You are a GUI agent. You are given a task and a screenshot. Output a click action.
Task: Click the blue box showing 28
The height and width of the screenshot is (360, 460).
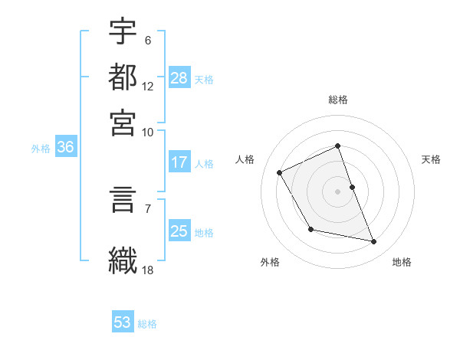click(x=179, y=78)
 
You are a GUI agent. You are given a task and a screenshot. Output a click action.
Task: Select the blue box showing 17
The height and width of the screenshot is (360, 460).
click(x=179, y=163)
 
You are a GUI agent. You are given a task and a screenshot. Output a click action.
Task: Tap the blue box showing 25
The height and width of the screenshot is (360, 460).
click(x=179, y=231)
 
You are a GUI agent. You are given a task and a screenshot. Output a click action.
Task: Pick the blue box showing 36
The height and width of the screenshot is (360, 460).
click(x=65, y=148)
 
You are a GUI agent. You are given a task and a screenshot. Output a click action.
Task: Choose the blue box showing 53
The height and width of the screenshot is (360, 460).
click(x=123, y=322)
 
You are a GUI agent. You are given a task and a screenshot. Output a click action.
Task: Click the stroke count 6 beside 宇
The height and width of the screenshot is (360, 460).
click(x=148, y=41)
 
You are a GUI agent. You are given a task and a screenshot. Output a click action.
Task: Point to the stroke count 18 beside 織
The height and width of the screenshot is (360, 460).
click(x=148, y=270)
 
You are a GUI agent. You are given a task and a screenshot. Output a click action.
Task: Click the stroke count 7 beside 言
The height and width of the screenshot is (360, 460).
click(x=148, y=208)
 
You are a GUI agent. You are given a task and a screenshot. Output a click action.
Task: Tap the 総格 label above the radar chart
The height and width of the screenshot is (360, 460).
click(x=338, y=100)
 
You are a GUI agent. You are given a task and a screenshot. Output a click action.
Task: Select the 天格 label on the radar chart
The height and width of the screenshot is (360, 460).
click(x=431, y=159)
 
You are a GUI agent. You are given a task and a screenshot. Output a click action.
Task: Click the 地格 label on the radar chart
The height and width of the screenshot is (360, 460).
click(x=402, y=262)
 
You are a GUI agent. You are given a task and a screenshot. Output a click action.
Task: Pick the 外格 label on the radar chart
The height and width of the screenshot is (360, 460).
click(x=270, y=262)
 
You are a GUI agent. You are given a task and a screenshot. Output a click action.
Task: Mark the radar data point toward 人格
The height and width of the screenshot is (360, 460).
click(x=280, y=172)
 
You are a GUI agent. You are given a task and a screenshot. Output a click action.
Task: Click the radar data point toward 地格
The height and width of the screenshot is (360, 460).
click(x=374, y=241)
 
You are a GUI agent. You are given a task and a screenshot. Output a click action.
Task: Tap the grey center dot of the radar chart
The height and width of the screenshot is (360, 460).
click(x=338, y=191)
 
